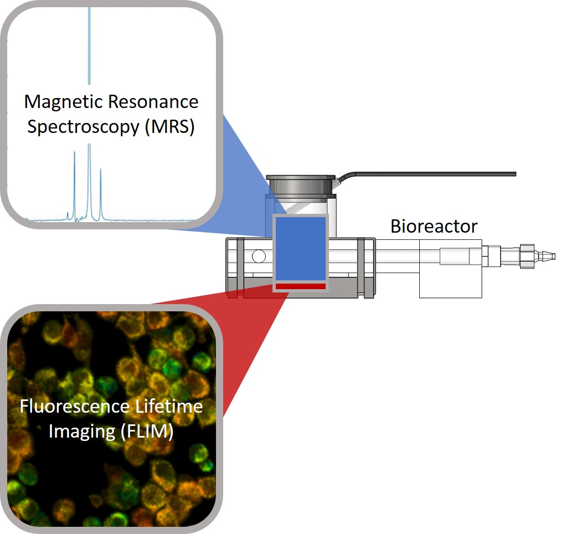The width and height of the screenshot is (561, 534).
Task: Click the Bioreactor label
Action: coord(434,226)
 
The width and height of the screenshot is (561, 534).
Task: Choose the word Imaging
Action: coord(81,431)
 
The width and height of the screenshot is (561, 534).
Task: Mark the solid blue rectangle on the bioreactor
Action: coord(301,249)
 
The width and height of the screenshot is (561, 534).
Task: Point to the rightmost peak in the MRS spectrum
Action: coord(101,191)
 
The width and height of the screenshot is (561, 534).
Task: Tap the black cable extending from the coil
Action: coord(443,174)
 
